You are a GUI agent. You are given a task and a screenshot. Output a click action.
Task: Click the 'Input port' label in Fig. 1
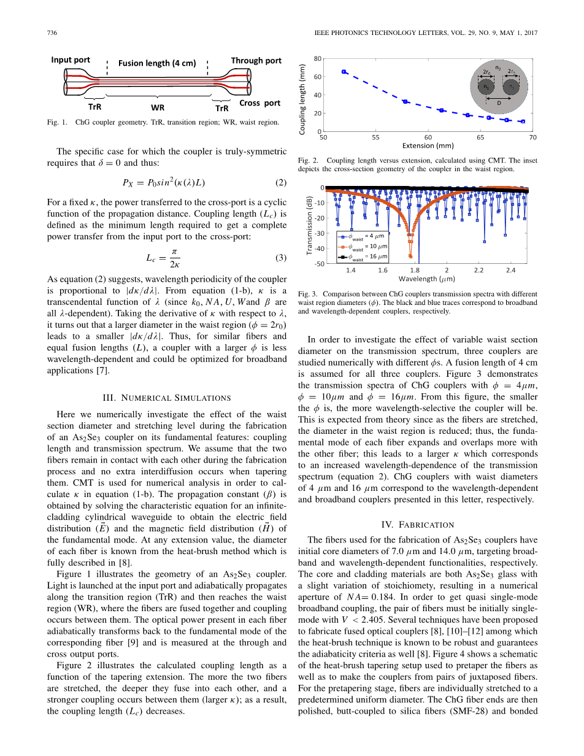tap(71, 60)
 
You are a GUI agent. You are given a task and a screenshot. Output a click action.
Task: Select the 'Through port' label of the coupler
tap(256, 60)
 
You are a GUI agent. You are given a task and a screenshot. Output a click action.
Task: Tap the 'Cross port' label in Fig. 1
tap(259, 103)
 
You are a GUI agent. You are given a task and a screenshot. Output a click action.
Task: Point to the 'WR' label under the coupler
tap(157, 107)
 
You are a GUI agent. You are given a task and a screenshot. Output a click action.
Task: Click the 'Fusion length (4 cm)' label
tap(157, 63)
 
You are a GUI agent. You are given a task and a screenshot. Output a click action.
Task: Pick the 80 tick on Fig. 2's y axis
tap(317, 58)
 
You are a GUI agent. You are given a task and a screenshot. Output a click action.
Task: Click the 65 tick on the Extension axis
tap(480, 137)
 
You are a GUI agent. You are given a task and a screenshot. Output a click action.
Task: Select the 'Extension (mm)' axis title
tap(428, 146)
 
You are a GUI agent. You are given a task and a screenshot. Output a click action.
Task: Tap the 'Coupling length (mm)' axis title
tap(302, 95)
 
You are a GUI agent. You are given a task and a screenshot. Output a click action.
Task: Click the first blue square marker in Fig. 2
tap(344, 72)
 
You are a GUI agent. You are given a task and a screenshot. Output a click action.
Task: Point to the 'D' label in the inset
tap(499, 102)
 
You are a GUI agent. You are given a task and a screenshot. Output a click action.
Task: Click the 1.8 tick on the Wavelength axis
tap(415, 270)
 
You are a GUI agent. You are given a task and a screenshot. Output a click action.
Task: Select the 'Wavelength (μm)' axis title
tap(428, 279)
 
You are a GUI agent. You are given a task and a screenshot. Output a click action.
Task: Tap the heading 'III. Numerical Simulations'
tap(166, 398)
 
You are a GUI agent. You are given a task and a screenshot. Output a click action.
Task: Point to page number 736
tap(52, 33)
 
